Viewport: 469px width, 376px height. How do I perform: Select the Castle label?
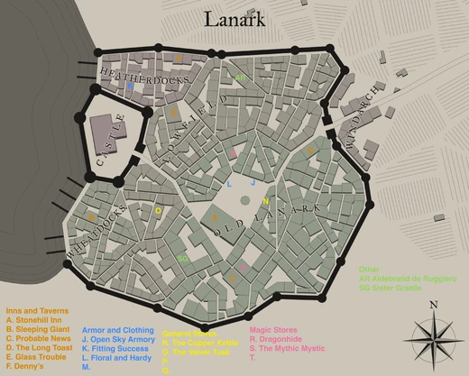112,145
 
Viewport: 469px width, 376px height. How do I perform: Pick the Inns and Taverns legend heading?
36,309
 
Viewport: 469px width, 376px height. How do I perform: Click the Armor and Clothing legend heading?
117,330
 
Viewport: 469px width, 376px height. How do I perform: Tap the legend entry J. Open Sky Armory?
120,340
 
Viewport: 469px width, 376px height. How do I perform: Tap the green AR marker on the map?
240,78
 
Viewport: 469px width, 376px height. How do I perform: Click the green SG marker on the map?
182,259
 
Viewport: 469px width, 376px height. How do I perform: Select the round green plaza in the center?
214,217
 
